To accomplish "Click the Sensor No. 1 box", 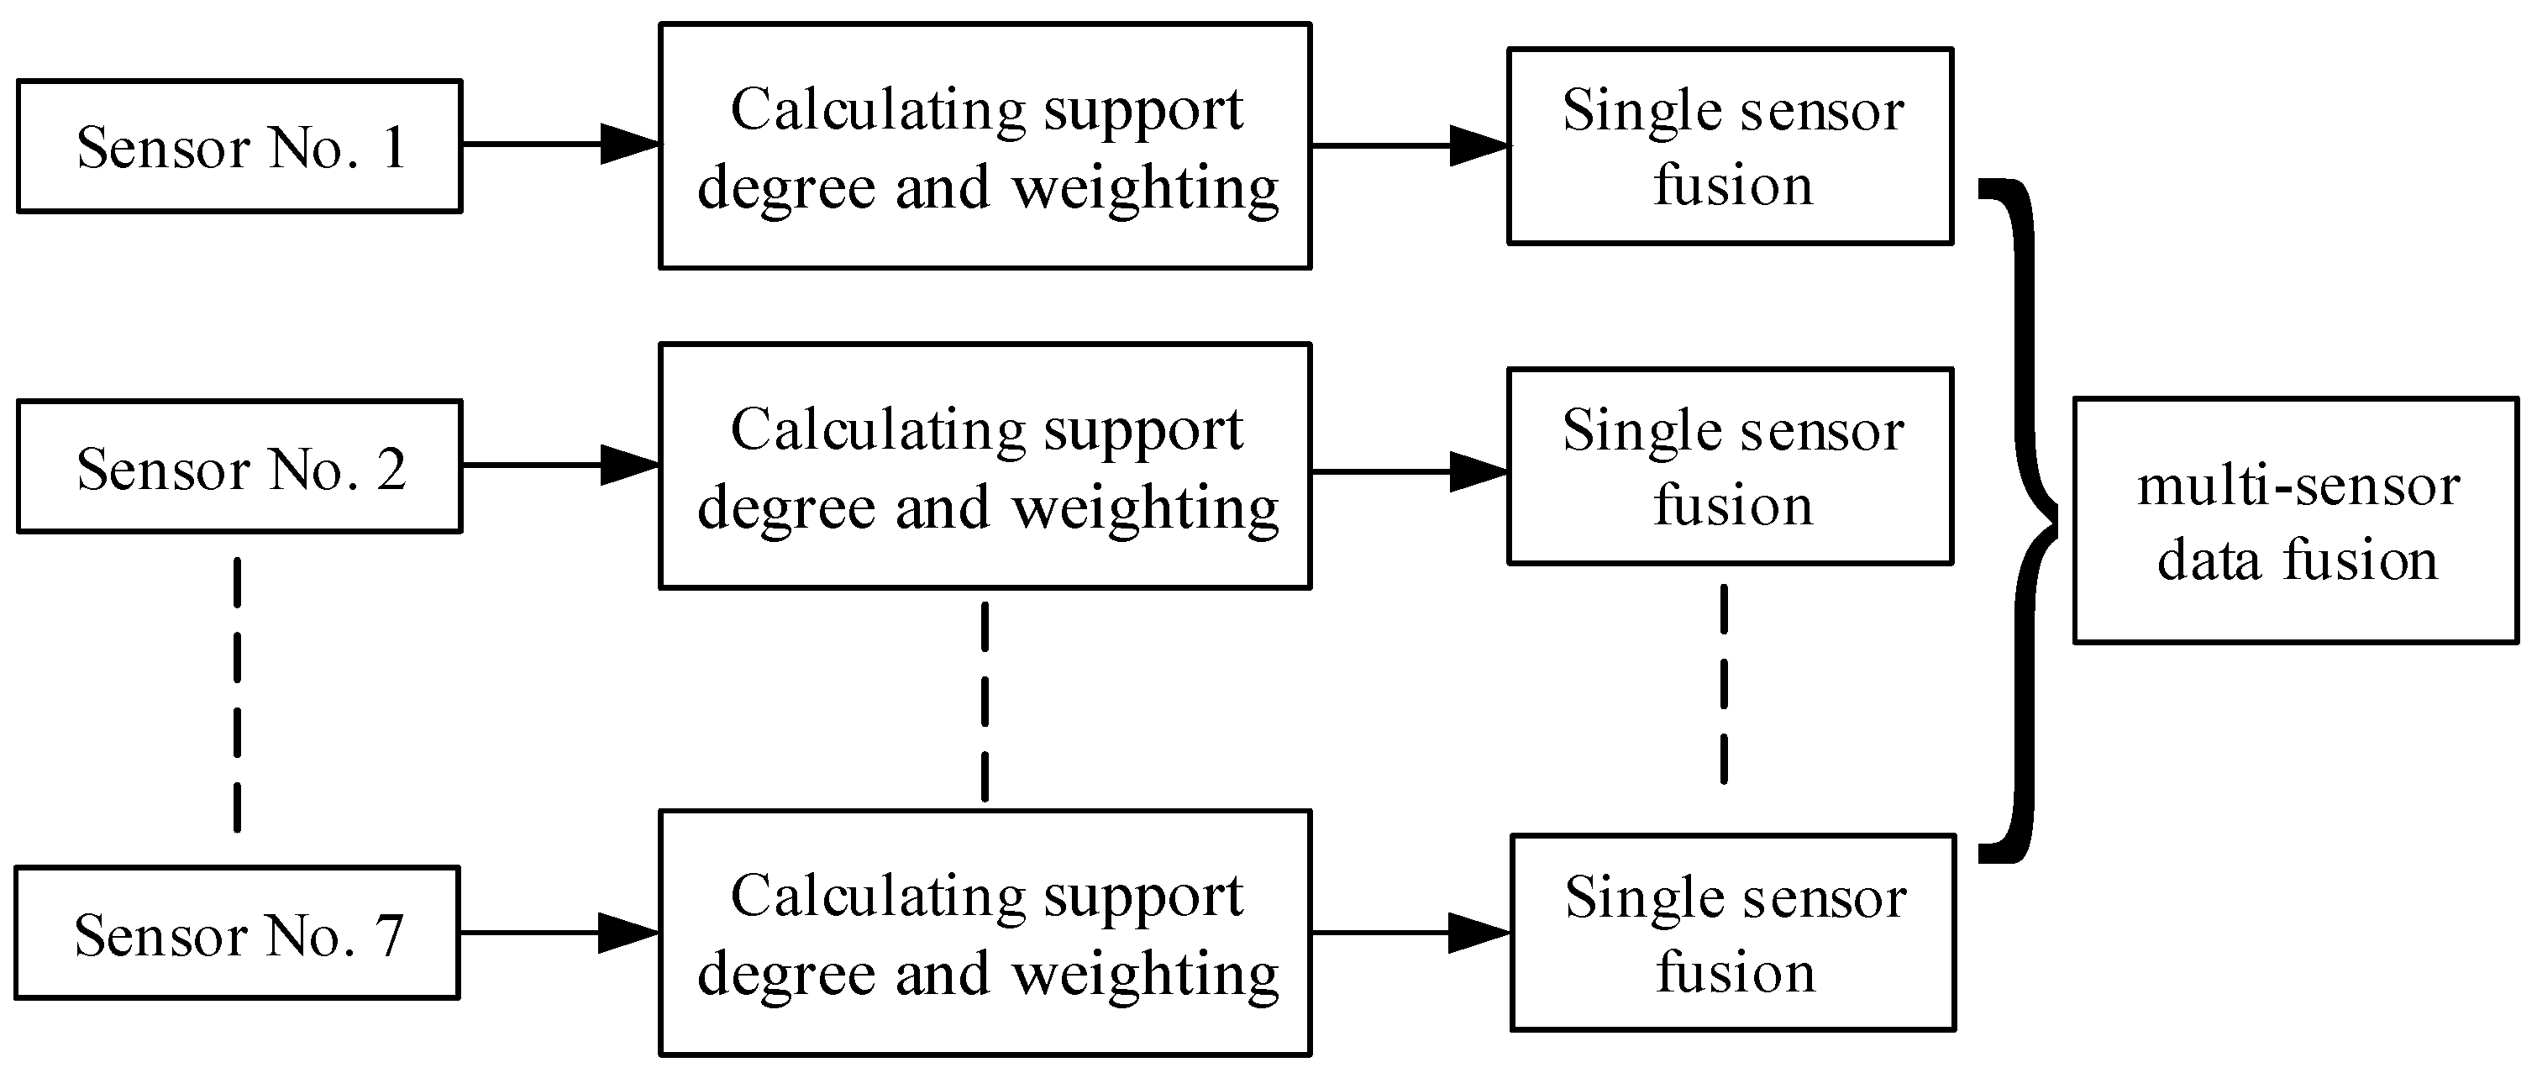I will (x=239, y=146).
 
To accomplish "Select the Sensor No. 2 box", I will (x=239, y=466).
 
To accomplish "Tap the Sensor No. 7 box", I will (x=238, y=933).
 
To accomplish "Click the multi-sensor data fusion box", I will (x=2296, y=520).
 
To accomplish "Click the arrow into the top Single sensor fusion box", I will (x=1410, y=146).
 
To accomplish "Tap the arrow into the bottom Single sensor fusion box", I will (x=1410, y=932).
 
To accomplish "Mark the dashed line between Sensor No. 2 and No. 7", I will (x=238, y=695).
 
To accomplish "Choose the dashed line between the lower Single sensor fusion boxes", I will (x=1724, y=685).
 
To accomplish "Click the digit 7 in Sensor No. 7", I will (x=391, y=935).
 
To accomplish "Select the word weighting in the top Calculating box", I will (x=1145, y=189).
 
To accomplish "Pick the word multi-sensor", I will (x=2298, y=486).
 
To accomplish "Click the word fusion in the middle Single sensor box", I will (x=1732, y=506).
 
